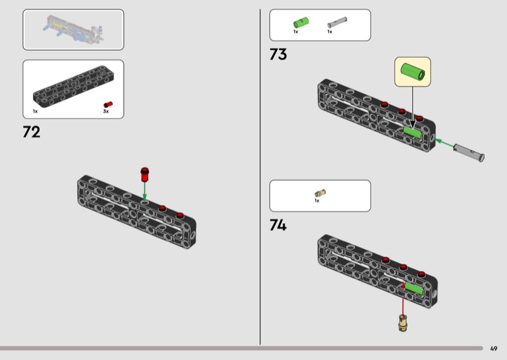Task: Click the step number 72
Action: [32, 132]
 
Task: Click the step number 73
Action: [278, 55]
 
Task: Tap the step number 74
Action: [278, 225]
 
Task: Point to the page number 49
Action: [494, 348]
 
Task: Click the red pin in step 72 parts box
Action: [108, 104]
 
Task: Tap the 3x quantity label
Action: [106, 112]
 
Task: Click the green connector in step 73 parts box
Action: [298, 23]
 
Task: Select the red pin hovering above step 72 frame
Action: [144, 172]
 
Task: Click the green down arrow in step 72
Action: [144, 190]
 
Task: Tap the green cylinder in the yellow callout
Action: [413, 72]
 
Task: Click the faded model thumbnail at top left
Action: [72, 29]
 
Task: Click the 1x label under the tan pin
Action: [317, 201]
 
